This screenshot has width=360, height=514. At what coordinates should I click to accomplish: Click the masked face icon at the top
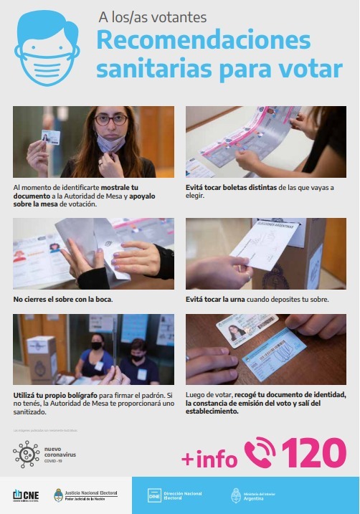coord(47,47)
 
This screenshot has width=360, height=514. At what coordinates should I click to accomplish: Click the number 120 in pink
coord(313,452)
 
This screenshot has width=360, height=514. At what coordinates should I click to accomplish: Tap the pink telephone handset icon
coord(259,452)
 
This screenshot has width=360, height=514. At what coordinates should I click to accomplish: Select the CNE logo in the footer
coord(27,495)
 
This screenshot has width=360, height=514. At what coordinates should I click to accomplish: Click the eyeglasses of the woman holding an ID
coord(110,119)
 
